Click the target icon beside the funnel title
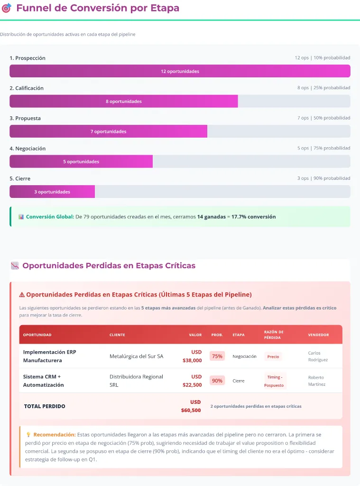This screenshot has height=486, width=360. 7,8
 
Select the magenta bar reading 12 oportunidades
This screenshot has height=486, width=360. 180,71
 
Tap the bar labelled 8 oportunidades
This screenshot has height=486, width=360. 123,101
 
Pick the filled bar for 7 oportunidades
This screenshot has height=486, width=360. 108,131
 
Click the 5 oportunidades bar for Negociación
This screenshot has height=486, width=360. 81,161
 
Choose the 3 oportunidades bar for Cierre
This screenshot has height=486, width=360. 52,192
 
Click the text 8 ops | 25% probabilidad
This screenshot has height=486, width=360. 323,88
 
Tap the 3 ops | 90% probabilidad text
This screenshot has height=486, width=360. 323,178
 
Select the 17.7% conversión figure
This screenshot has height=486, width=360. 253,217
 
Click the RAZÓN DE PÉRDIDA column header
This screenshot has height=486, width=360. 274,335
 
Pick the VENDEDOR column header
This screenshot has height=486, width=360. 318,335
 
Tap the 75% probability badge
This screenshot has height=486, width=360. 217,356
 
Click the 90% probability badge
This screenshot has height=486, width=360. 217,381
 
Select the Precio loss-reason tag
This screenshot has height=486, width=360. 273,356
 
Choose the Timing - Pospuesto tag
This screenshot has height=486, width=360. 274,381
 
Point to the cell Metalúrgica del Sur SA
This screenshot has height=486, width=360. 136,356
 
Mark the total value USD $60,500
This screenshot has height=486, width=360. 191,406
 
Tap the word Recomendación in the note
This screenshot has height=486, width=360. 55,434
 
